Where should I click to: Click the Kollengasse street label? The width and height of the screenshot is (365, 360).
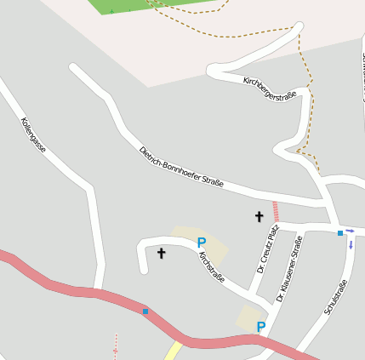point(33,134)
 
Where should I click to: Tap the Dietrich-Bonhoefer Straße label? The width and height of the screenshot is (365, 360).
point(180,167)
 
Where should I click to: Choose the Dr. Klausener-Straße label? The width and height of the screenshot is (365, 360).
point(289,270)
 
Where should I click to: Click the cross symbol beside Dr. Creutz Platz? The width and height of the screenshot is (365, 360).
point(259,217)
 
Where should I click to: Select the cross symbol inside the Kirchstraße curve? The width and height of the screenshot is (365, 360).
point(161,253)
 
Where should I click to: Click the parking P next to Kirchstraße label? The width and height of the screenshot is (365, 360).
point(202,243)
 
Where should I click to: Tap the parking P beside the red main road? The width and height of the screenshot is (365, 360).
point(261,327)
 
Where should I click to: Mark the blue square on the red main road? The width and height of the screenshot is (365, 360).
point(145,311)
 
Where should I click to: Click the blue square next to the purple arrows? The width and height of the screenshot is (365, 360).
point(340,232)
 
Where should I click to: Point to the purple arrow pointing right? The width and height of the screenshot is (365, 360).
point(350,231)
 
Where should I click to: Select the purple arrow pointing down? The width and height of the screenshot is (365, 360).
point(351,245)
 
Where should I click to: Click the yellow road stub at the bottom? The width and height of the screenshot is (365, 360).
point(174,351)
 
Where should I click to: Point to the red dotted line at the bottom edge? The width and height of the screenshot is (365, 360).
point(117,347)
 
